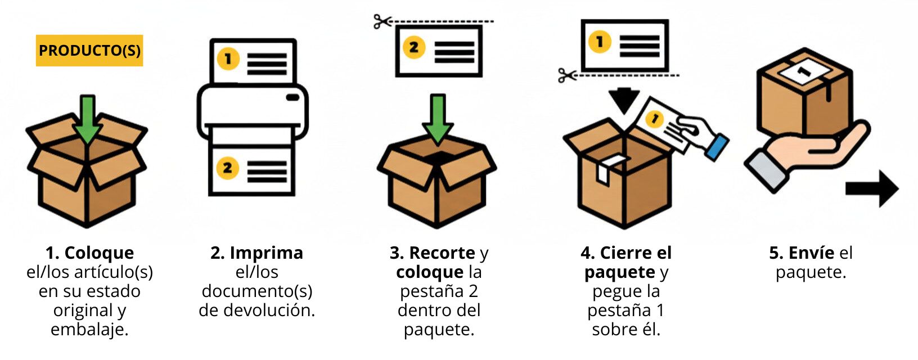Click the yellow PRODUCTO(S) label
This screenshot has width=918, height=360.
89,51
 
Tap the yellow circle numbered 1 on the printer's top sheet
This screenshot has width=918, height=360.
228,59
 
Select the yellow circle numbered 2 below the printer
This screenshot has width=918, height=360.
227,168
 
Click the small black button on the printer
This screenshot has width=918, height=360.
292,97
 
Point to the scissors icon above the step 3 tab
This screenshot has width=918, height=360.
382,22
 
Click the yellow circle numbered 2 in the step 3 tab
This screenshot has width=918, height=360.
413,47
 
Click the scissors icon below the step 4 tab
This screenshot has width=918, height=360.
567,75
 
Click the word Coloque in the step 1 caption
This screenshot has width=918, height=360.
99,253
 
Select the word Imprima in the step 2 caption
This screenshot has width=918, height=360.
266,253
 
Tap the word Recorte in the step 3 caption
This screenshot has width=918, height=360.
442,253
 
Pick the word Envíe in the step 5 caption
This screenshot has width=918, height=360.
811,253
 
